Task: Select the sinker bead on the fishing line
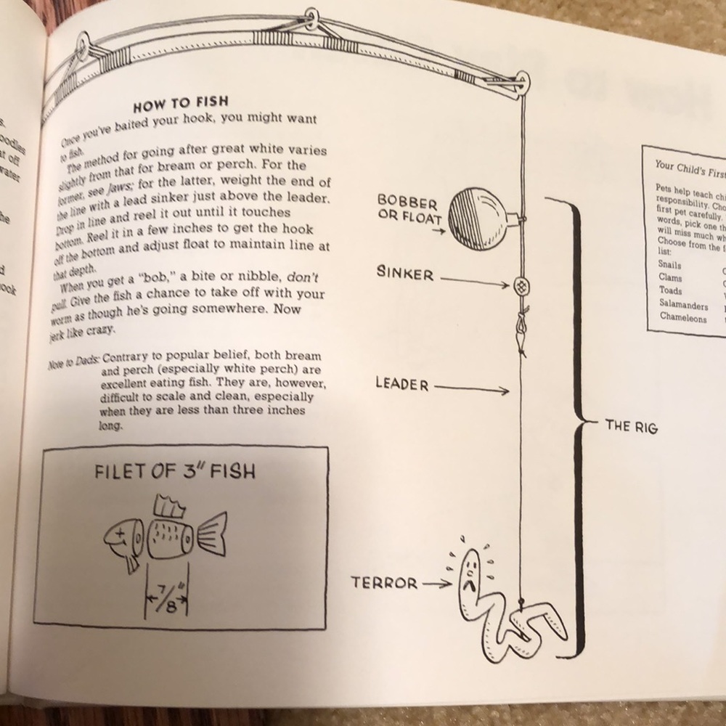[520, 285]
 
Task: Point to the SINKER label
[405, 274]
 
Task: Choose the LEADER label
[402, 384]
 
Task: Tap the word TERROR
[385, 582]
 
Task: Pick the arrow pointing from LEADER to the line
[472, 390]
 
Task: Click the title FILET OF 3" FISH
[175, 472]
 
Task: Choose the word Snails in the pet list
[669, 265]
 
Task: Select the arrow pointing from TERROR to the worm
[436, 582]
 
